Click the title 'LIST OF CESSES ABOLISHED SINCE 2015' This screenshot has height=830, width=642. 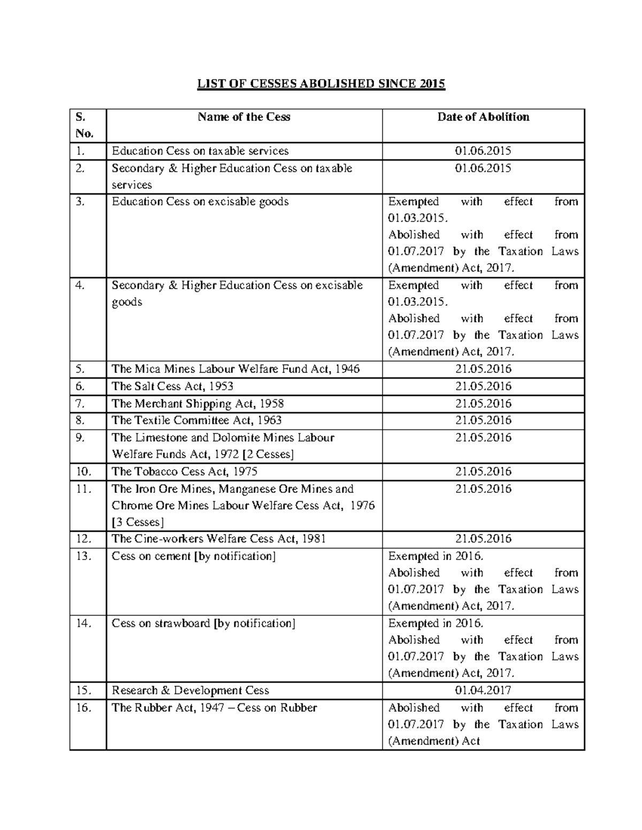(321, 84)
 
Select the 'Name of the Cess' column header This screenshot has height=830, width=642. (244, 117)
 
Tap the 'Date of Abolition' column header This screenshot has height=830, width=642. (483, 117)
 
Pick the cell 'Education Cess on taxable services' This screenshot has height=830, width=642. (200, 151)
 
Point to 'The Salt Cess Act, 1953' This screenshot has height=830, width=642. (172, 386)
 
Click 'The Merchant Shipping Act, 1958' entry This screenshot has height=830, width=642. (197, 404)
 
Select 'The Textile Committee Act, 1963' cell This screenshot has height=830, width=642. (196, 421)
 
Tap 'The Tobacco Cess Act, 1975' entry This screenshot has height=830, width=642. (184, 471)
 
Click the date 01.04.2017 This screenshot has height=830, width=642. (483, 691)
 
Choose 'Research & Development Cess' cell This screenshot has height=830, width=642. (190, 691)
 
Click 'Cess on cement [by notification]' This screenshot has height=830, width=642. (194, 556)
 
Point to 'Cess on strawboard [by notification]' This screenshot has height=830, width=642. (203, 624)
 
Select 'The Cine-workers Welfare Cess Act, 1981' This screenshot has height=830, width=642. (218, 539)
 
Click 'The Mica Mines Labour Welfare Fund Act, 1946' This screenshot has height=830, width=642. (235, 369)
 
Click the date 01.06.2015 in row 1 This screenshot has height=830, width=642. (483, 151)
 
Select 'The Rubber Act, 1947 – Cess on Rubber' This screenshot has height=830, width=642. (214, 708)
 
